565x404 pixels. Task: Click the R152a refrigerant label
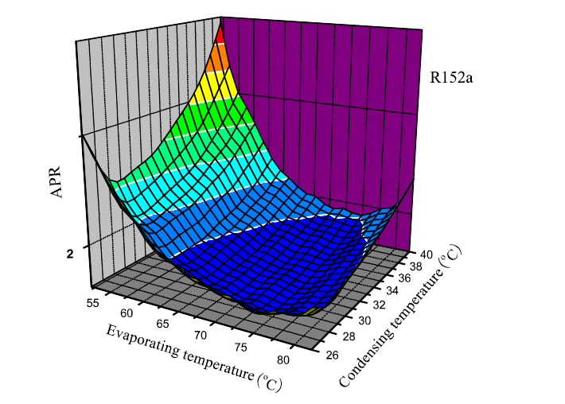coord(453,78)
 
